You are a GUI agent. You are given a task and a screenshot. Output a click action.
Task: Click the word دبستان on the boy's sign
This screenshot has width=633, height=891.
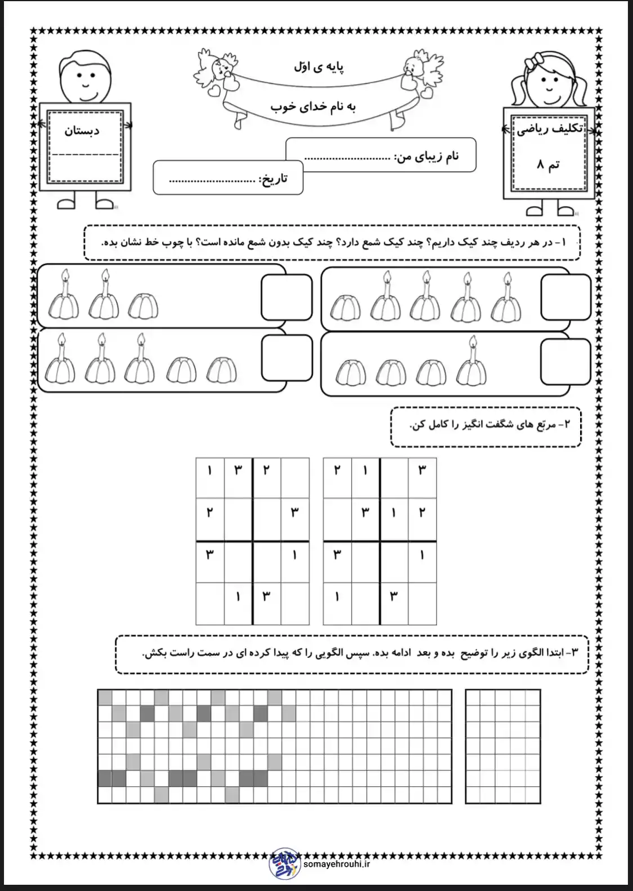tap(82, 131)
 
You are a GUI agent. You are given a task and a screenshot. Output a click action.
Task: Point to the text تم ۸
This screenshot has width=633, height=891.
tap(547, 165)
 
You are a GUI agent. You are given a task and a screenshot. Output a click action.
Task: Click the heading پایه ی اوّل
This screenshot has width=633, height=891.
tap(319, 67)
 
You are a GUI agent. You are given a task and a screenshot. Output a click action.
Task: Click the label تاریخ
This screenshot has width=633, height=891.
tap(273, 179)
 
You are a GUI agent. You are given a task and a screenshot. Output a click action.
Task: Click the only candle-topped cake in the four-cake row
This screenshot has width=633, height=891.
tap(472, 367)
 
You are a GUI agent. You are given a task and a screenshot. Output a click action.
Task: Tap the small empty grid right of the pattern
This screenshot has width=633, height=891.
tap(502, 746)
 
